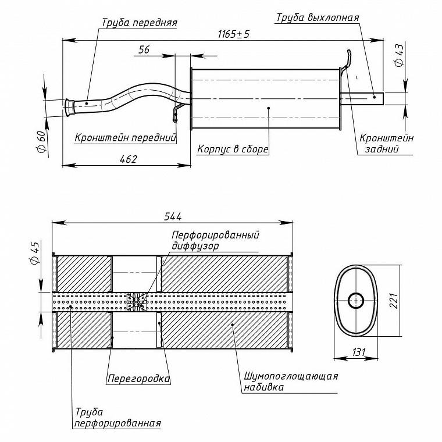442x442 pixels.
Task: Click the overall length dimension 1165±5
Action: tap(234, 34)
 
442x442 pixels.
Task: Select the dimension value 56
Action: tap(144, 49)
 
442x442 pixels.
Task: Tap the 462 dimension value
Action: tap(129, 159)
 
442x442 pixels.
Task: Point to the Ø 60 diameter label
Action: tap(41, 142)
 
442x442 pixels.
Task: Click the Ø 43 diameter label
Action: tap(399, 55)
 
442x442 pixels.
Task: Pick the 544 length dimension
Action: tap(173, 216)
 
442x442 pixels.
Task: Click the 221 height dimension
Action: tap(394, 301)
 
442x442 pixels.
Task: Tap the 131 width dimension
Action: tap(359, 352)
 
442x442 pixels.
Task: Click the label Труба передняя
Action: tap(139, 23)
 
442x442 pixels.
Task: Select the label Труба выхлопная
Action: tap(318, 17)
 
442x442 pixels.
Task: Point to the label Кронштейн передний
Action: tap(126, 138)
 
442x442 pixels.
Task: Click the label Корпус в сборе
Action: tap(233, 149)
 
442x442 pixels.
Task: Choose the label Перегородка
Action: tap(138, 379)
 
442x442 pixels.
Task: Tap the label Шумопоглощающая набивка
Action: tap(291, 382)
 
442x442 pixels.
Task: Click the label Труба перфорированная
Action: tap(118, 418)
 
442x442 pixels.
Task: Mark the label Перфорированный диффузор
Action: tap(215, 240)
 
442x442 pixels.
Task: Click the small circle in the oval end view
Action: tap(356, 301)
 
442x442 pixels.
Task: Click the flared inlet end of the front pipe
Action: tap(69, 107)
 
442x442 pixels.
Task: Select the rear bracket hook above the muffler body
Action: tap(347, 60)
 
